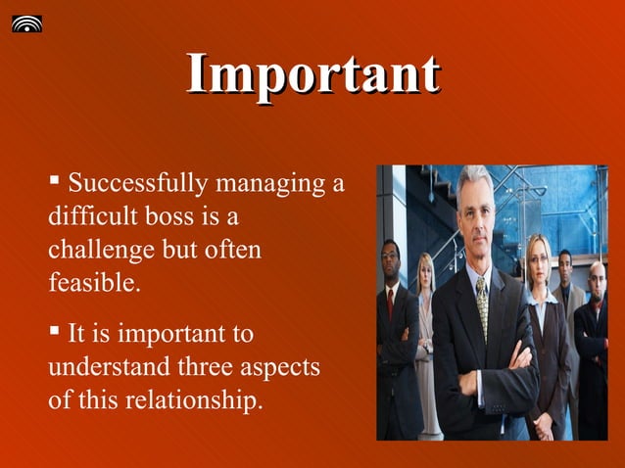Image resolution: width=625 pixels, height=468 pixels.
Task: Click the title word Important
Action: pyautogui.click(x=312, y=75)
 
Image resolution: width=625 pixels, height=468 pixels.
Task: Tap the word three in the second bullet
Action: pyautogui.click(x=205, y=368)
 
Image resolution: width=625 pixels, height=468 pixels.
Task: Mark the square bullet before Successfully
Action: pyautogui.click(x=55, y=182)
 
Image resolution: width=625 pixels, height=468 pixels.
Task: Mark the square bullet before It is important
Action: pyautogui.click(x=55, y=334)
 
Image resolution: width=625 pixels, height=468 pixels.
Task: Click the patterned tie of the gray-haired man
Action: pyautogui.click(x=482, y=304)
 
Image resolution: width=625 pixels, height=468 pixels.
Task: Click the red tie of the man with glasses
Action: pyautogui.click(x=391, y=299)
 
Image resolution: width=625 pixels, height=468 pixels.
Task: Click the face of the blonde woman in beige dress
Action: pyautogui.click(x=426, y=270)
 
